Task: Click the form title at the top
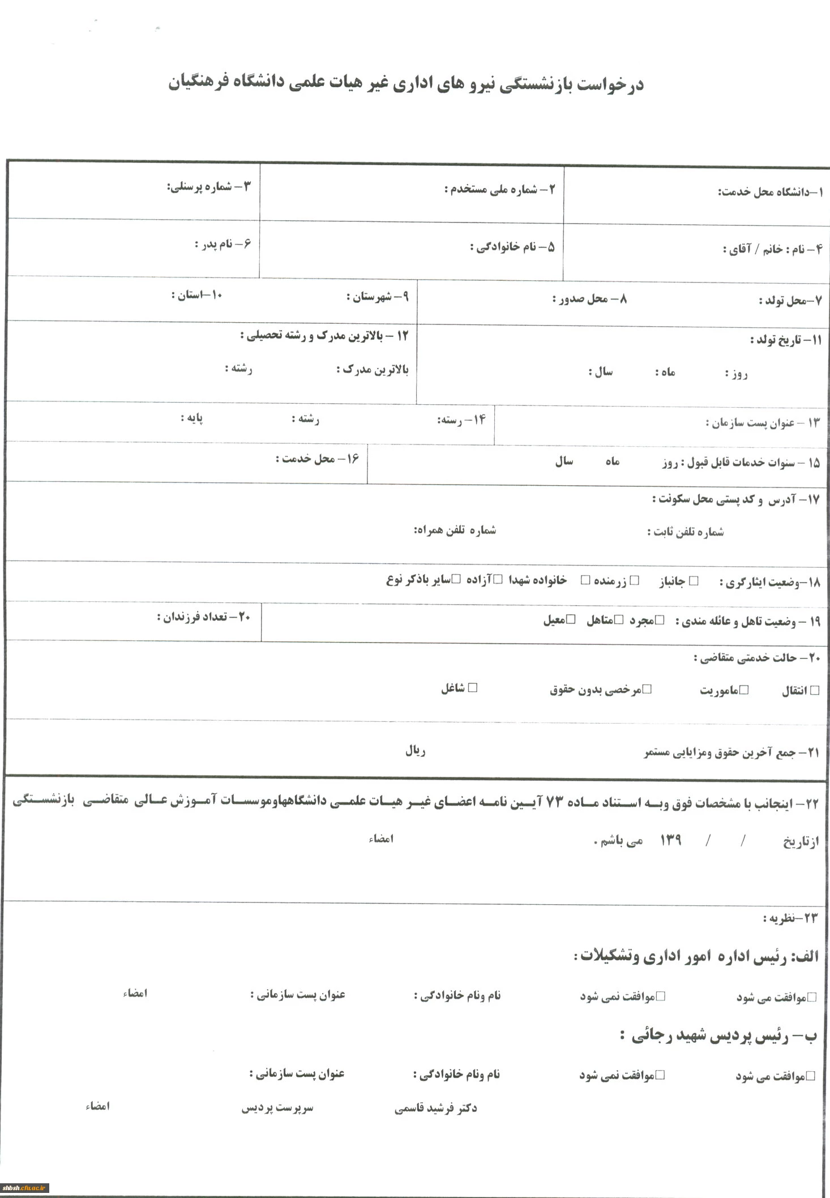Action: click(406, 84)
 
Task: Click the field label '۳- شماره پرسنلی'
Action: click(208, 187)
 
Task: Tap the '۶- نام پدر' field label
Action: click(223, 244)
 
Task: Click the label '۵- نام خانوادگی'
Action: click(512, 247)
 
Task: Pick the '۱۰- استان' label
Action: click(197, 295)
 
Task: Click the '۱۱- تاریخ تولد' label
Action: click(785, 340)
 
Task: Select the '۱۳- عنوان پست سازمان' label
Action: click(762, 422)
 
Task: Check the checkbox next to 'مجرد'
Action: click(660, 620)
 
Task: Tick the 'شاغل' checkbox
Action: click(473, 688)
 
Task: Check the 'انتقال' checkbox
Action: click(815, 690)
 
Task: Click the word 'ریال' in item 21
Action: click(415, 751)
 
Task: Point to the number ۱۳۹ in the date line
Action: click(671, 840)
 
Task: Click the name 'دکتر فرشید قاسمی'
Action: click(435, 1109)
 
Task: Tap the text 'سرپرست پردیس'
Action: click(277, 1108)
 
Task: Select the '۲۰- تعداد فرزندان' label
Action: click(203, 617)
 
